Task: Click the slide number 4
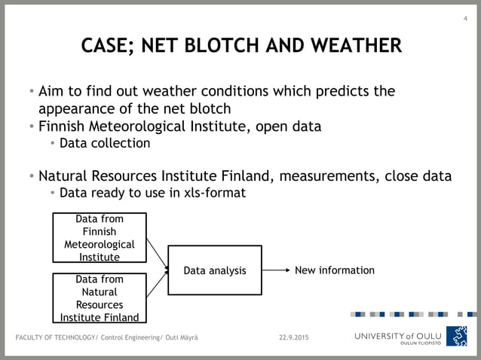point(464,18)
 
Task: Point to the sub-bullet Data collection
point(105,143)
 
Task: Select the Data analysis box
point(215,270)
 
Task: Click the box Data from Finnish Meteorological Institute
point(99,238)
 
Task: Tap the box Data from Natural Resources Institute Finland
point(99,298)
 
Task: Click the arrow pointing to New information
point(276,270)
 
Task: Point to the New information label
point(334,270)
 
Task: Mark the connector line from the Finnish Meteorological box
point(156,254)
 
